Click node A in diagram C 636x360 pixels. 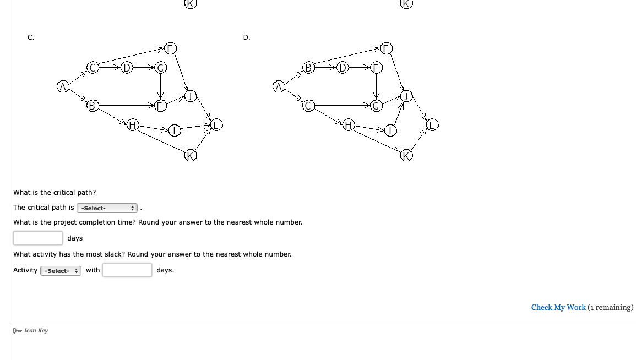pyautogui.click(x=63, y=86)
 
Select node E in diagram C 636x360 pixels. pyautogui.click(x=170, y=48)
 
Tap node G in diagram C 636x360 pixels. pyautogui.click(x=160, y=68)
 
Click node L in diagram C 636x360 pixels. pyautogui.click(x=216, y=125)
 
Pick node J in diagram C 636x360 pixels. pyautogui.click(x=190, y=96)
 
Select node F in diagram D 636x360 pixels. pyautogui.click(x=377, y=68)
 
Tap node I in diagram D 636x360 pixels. pyautogui.click(x=390, y=131)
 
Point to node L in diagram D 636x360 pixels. pyautogui.click(x=432, y=125)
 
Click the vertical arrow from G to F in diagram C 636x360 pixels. pyautogui.click(x=160, y=86)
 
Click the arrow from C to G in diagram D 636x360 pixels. pyautogui.click(x=341, y=105)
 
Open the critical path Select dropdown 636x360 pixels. pyautogui.click(x=107, y=208)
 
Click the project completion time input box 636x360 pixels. pyautogui.click(x=38, y=238)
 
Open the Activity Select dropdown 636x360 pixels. pyautogui.click(x=61, y=271)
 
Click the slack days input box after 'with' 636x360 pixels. pyautogui.click(x=127, y=270)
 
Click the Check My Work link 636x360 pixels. pyautogui.click(x=558, y=307)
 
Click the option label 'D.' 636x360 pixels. pyautogui.click(x=246, y=37)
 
